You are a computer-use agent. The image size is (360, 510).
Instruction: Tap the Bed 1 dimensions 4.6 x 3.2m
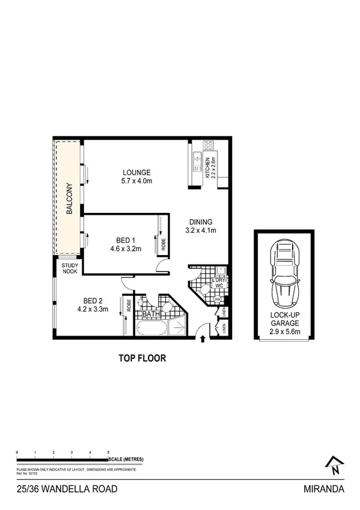pos(125,248)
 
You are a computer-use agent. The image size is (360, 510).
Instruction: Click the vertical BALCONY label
pos(70,199)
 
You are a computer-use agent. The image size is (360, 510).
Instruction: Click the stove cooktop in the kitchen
pos(209,146)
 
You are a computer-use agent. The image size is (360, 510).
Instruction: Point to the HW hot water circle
pos(218,299)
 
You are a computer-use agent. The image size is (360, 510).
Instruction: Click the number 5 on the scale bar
pos(108,451)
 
